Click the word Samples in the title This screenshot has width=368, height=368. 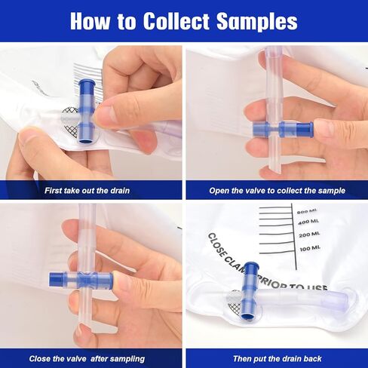pyautogui.click(x=257, y=21)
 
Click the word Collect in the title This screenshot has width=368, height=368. pyautogui.click(x=176, y=20)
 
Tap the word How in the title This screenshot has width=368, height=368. pyautogui.click(x=90, y=20)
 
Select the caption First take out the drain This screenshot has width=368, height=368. pyautogui.click(x=87, y=190)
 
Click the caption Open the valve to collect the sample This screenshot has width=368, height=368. pyautogui.click(x=278, y=191)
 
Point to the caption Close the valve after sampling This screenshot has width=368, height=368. pyautogui.click(x=87, y=358)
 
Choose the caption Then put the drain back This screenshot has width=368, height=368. pyautogui.click(x=278, y=358)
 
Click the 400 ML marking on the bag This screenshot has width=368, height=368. pyautogui.click(x=308, y=222)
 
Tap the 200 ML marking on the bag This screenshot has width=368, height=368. pyautogui.click(x=309, y=235)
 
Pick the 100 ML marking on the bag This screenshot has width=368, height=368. pyautogui.click(x=310, y=249)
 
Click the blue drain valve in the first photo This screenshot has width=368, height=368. pyautogui.click(x=87, y=112)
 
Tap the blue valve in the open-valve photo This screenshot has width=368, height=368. pyautogui.click(x=283, y=129)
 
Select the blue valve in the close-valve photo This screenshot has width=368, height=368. pyautogui.click(x=81, y=280)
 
